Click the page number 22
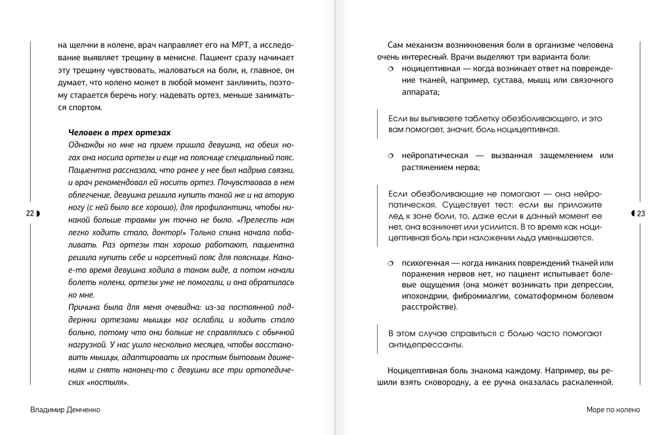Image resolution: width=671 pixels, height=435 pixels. [30, 214]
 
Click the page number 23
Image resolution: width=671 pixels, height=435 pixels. [641, 214]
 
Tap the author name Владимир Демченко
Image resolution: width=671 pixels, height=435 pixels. [65, 410]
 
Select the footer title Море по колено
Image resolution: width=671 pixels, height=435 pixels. [613, 410]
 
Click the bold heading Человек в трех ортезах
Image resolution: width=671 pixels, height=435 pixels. [119, 132]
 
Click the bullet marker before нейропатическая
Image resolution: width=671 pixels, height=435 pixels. [390, 156]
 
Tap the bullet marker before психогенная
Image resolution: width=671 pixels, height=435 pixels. [390, 263]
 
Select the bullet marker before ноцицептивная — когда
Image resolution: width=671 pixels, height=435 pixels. [390, 69]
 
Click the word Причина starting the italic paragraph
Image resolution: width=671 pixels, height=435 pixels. [85, 307]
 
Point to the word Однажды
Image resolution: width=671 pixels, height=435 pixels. [86, 145]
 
